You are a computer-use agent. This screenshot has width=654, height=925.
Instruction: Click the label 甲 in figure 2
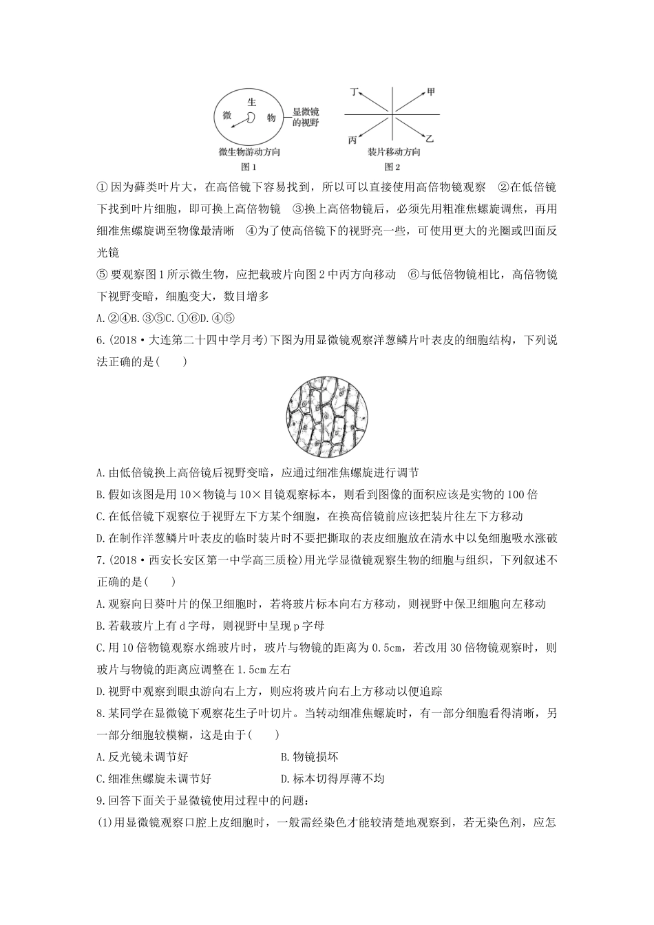[431, 91]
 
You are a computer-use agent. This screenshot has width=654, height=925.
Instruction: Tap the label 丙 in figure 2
[352, 140]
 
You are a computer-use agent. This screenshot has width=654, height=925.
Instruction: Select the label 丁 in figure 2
[354, 91]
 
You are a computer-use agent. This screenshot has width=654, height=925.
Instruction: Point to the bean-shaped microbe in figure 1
[251, 118]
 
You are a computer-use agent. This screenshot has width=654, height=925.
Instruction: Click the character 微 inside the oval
[228, 115]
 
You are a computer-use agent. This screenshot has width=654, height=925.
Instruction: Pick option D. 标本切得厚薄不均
[333, 778]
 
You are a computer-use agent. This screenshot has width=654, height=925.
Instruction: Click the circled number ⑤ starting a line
[103, 275]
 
